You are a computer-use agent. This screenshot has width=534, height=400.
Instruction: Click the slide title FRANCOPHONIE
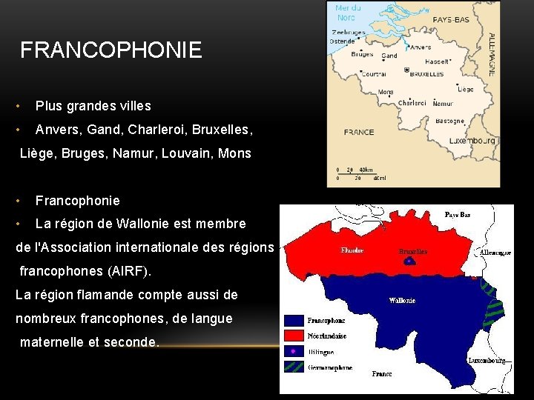coord(111,50)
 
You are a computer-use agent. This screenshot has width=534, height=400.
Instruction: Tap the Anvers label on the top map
coord(421,47)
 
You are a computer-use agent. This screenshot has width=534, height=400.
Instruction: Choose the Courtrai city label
coord(375,74)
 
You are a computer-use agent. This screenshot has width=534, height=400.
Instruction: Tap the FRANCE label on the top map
coord(359,132)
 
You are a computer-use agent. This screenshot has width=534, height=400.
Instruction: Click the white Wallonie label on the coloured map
coord(402,301)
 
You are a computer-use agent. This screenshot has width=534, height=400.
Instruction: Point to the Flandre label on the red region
coord(352,250)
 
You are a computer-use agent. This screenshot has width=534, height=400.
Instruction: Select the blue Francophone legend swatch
coord(294,321)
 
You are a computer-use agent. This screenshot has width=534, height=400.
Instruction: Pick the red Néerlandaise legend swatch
coord(294,336)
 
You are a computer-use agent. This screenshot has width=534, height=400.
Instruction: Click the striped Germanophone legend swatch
coord(294,367)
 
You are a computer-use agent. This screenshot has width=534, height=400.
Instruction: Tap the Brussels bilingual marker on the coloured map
coord(409,260)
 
